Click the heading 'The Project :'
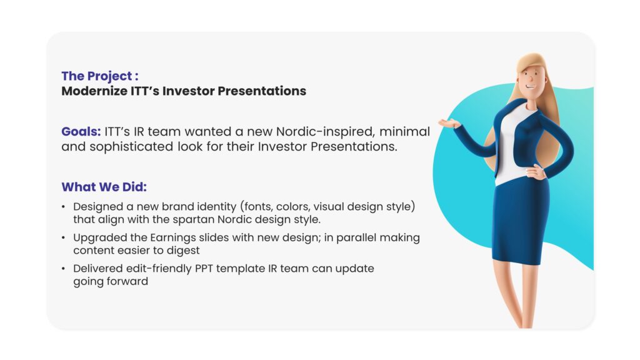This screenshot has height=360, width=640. click(x=100, y=76)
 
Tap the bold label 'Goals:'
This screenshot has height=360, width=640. click(x=81, y=131)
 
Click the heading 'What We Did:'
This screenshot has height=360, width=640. click(x=104, y=187)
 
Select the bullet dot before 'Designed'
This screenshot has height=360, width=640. click(x=63, y=207)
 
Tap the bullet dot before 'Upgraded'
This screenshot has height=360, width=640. click(x=63, y=238)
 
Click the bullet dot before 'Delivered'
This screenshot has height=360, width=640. click(x=63, y=269)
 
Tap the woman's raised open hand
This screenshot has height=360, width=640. click(x=449, y=123)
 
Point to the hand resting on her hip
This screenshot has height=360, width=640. click(x=536, y=172)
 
